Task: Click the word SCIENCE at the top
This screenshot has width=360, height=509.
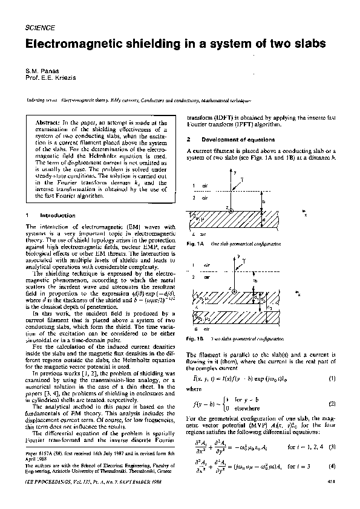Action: click(x=41, y=28)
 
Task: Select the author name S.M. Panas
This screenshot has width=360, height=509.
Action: click(x=40, y=72)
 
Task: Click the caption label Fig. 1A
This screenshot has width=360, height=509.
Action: click(x=195, y=243)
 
